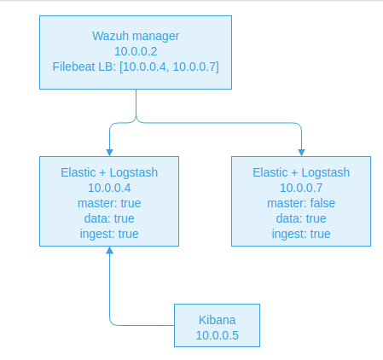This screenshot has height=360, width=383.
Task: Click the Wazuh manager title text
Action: click(136, 36)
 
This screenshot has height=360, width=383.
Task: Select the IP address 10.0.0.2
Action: click(136, 51)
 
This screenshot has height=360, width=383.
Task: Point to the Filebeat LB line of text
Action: click(136, 67)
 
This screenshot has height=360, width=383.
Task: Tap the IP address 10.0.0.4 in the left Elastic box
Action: click(109, 188)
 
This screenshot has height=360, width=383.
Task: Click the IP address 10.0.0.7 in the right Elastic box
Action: click(301, 188)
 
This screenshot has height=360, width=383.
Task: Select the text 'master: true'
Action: click(109, 203)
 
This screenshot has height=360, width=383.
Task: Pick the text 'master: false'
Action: click(301, 203)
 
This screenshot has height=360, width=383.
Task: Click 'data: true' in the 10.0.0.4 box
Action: click(109, 218)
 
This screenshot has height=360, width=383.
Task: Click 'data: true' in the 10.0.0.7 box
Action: click(301, 218)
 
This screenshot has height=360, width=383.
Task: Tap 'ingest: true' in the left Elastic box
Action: click(109, 234)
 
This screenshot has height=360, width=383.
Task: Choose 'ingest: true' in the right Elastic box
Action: click(301, 234)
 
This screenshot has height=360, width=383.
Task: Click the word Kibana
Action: click(217, 319)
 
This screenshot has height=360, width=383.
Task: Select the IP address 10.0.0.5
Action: click(217, 335)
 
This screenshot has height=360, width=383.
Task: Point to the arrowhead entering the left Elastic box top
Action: click(109, 152)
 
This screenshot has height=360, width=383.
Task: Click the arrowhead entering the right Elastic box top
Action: click(301, 152)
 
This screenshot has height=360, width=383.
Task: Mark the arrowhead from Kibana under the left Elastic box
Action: click(109, 252)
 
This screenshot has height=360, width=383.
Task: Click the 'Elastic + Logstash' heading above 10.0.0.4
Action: click(109, 172)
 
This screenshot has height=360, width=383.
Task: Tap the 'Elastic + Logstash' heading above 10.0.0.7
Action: click(301, 172)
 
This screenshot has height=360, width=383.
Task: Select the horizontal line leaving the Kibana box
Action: click(145, 325)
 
